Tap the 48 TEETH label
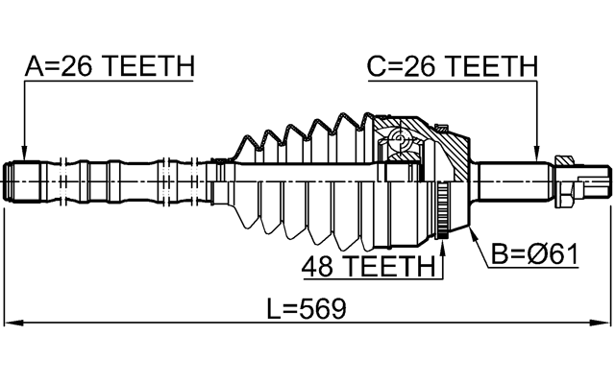point(367,266)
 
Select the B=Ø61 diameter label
point(533,254)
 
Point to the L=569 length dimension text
point(306,310)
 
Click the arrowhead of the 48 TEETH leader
point(444,249)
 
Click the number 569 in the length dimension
point(324,310)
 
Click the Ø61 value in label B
point(552,254)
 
